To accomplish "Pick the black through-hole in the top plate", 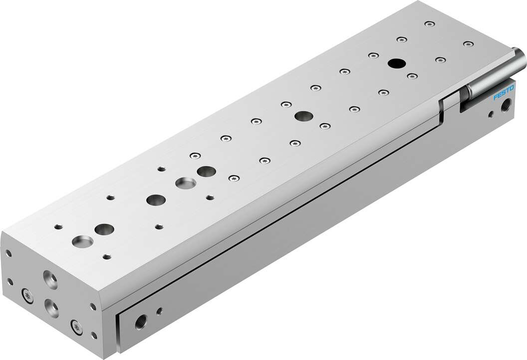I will (x=396, y=63).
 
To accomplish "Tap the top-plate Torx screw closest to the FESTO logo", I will (x=468, y=44).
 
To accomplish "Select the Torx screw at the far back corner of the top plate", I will (x=429, y=23).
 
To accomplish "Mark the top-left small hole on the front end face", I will (x=8, y=254).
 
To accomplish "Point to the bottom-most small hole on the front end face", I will (x=95, y=336).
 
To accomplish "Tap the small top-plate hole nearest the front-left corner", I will (x=57, y=227).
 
